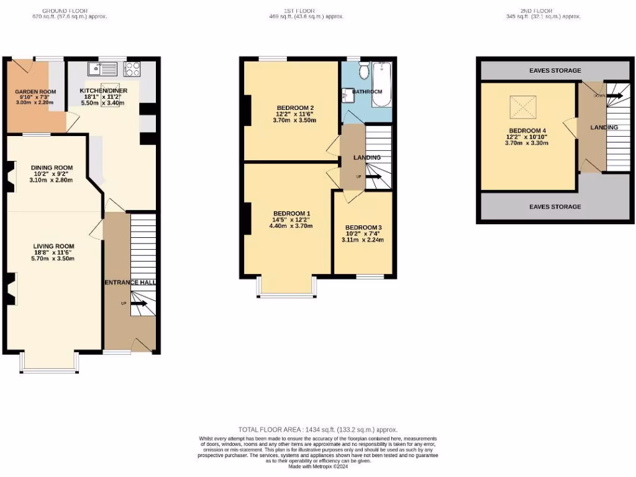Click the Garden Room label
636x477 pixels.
point(36,92)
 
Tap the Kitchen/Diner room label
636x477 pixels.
point(104,91)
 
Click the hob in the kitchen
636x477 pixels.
point(132,68)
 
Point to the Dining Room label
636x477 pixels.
point(52,167)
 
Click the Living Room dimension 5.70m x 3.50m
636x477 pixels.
point(53,258)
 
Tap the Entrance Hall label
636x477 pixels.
point(130,283)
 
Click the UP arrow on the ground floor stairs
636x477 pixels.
point(138,304)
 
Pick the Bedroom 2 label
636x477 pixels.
point(295,107)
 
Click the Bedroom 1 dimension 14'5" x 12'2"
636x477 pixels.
point(291,220)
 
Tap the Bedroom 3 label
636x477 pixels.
point(363,227)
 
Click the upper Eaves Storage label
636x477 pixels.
point(555,70)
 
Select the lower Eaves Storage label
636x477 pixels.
point(555,206)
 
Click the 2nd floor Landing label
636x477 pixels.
point(604,127)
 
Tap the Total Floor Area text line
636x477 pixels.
point(317,429)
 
